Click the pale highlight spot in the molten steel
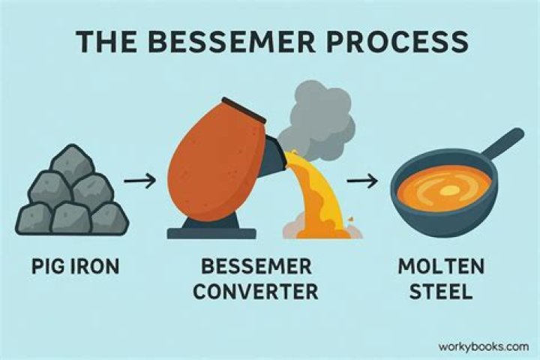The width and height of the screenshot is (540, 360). coord(448,192)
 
